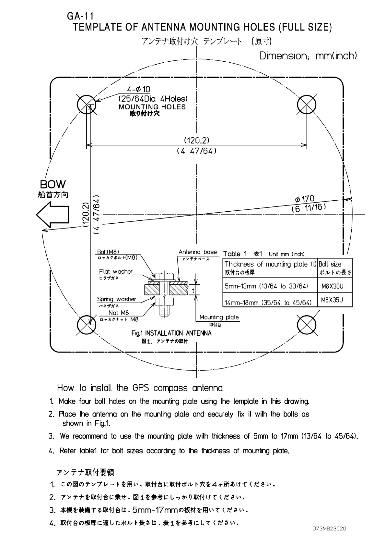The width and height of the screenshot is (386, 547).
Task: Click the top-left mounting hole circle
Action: [87, 105]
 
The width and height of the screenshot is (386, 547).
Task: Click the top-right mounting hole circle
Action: [307, 105]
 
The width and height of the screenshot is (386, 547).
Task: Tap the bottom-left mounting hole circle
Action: [87, 325]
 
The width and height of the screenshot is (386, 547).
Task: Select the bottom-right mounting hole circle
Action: [307, 325]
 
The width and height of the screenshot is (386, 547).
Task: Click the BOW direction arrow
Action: [53, 215]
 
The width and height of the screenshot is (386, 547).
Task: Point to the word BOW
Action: [53, 184]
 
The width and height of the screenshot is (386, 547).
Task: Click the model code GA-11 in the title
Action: [80, 16]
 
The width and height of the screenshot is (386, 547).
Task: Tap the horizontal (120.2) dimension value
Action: [196, 140]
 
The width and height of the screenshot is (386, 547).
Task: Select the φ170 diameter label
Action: [305, 199]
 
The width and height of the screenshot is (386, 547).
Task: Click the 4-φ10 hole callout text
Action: [138, 89]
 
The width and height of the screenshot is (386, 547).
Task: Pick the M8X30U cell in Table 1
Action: [332, 286]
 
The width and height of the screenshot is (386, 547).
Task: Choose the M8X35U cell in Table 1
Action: [332, 300]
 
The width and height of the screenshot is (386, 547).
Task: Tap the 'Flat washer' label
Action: [116, 271]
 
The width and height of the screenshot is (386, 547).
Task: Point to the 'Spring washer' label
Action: [117, 299]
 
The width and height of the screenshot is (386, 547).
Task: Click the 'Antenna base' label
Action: [198, 252]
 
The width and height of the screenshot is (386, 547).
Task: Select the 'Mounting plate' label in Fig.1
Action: [219, 317]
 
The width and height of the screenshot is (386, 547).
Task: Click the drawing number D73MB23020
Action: [329, 529]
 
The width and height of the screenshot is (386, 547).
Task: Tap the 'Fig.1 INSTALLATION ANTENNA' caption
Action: [171, 333]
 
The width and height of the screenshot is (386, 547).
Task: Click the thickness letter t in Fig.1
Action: [193, 290]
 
